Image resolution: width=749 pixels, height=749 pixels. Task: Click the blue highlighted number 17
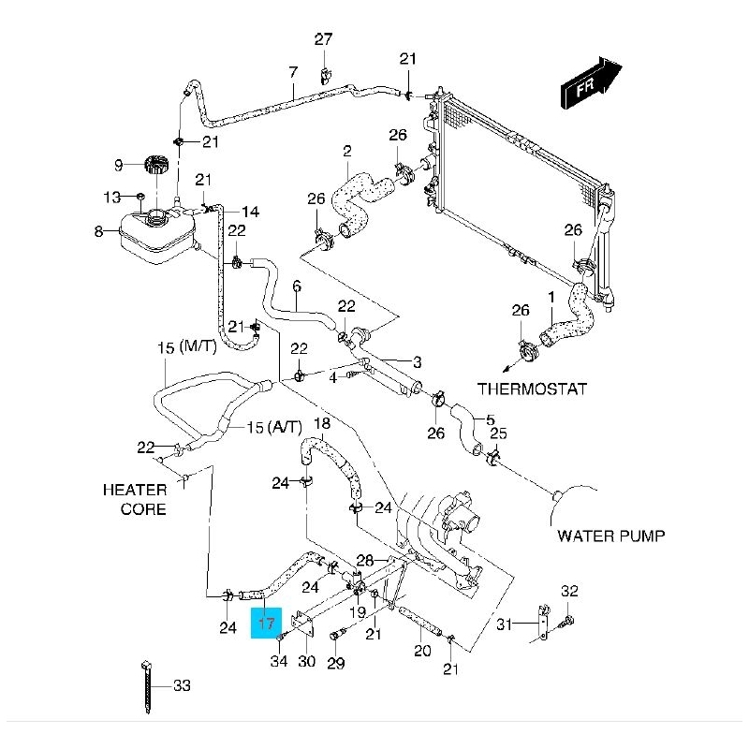coord(266,622)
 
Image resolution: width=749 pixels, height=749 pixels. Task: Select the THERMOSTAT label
coord(533,388)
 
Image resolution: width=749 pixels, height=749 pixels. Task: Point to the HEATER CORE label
coord(136,499)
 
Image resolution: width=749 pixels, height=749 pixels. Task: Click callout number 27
coord(323,39)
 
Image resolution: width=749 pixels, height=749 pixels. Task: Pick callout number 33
coord(182,686)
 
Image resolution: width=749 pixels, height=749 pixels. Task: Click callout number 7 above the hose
coord(293,72)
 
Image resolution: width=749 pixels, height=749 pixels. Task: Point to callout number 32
coord(570,591)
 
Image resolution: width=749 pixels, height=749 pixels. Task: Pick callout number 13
coord(112,198)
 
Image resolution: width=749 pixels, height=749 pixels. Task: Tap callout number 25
coord(499,433)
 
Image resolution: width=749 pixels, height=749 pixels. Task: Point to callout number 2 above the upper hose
coord(346,151)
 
